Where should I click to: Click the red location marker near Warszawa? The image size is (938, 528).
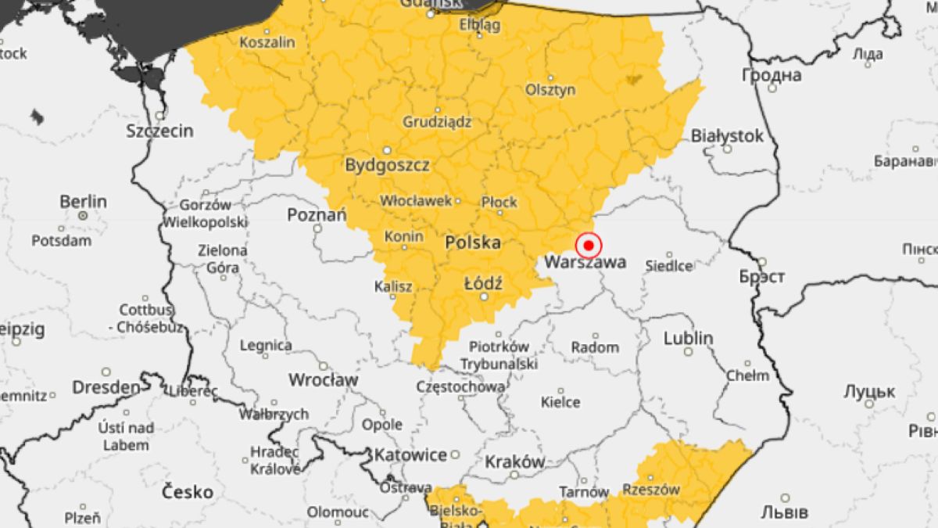click(588, 246)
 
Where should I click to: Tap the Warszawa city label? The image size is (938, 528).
click(585, 263)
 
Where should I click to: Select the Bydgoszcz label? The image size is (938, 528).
click(387, 165)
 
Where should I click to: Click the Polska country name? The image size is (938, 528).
click(472, 242)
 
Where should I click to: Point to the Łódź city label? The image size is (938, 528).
click(483, 282)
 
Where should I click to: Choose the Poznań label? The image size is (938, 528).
click(316, 214)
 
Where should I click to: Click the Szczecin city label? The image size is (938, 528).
click(159, 131)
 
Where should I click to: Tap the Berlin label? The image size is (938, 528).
click(83, 201)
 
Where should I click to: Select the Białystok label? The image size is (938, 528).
click(727, 136)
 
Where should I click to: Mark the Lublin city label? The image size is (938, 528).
click(688, 339)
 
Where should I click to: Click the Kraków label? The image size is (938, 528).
click(514, 462)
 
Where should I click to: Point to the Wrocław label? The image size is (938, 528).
click(323, 380)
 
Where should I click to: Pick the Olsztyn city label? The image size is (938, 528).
click(550, 90)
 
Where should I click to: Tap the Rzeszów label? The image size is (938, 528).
click(651, 490)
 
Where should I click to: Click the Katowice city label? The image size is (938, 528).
click(410, 454)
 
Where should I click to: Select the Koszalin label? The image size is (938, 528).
click(268, 42)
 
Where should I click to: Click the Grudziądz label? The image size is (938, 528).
click(437, 122)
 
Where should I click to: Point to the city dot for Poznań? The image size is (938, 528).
click(317, 228)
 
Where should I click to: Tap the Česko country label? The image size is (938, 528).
click(187, 492)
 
